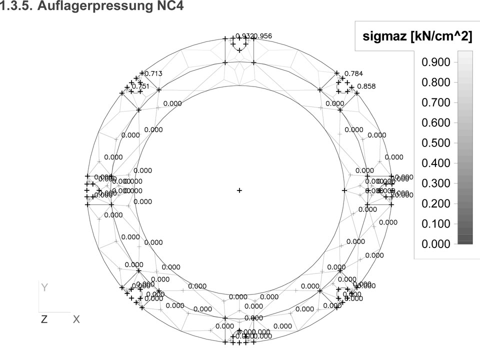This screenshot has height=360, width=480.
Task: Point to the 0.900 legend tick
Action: (x=436, y=62)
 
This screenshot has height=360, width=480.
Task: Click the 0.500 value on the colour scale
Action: (x=436, y=142)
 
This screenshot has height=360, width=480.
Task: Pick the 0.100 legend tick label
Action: (x=436, y=223)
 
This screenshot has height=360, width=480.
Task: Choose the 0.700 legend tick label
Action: (x=436, y=102)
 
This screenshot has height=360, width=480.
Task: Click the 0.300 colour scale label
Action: (x=436, y=183)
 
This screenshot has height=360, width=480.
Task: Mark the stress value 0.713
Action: (x=153, y=74)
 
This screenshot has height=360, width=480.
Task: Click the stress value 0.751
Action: (x=140, y=86)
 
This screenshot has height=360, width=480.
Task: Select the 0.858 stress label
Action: (x=366, y=86)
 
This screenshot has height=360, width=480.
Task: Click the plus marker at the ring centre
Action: (x=239, y=190)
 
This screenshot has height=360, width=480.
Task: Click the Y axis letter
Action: (x=44, y=287)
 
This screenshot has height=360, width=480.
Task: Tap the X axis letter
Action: (x=76, y=319)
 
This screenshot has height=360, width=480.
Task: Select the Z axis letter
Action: (x=44, y=319)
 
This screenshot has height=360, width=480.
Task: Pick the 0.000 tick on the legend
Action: (x=436, y=243)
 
